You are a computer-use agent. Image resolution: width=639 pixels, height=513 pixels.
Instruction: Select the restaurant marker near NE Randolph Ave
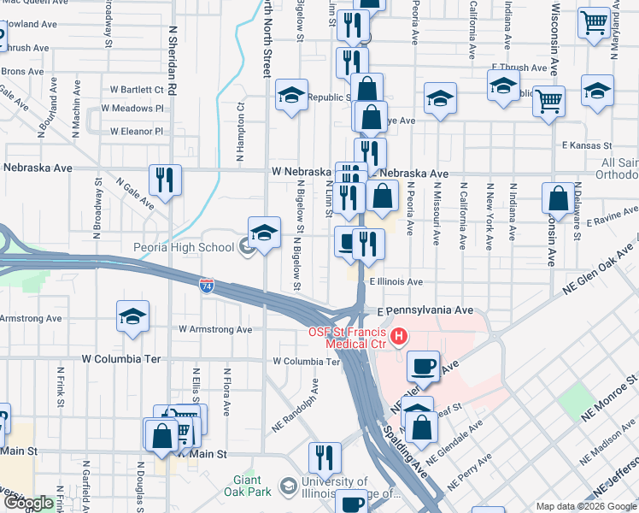click(x=325, y=457)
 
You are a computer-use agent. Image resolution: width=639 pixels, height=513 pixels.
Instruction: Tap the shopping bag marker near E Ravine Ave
click(x=558, y=198)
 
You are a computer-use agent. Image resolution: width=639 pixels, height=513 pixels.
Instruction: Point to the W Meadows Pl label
click(x=132, y=109)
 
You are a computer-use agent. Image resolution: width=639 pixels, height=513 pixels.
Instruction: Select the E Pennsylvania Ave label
click(x=419, y=310)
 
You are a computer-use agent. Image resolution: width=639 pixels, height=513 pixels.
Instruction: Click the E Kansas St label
click(x=587, y=146)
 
